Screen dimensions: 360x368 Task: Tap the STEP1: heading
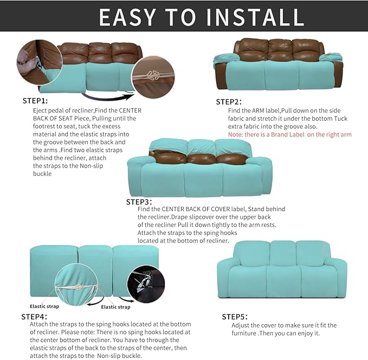pos(35,101)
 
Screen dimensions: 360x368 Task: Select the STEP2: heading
pos(229,102)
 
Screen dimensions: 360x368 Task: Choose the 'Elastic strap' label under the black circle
pos(116,307)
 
